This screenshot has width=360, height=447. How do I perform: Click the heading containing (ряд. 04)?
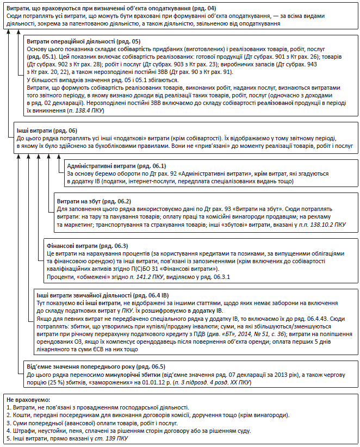click(109, 8)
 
